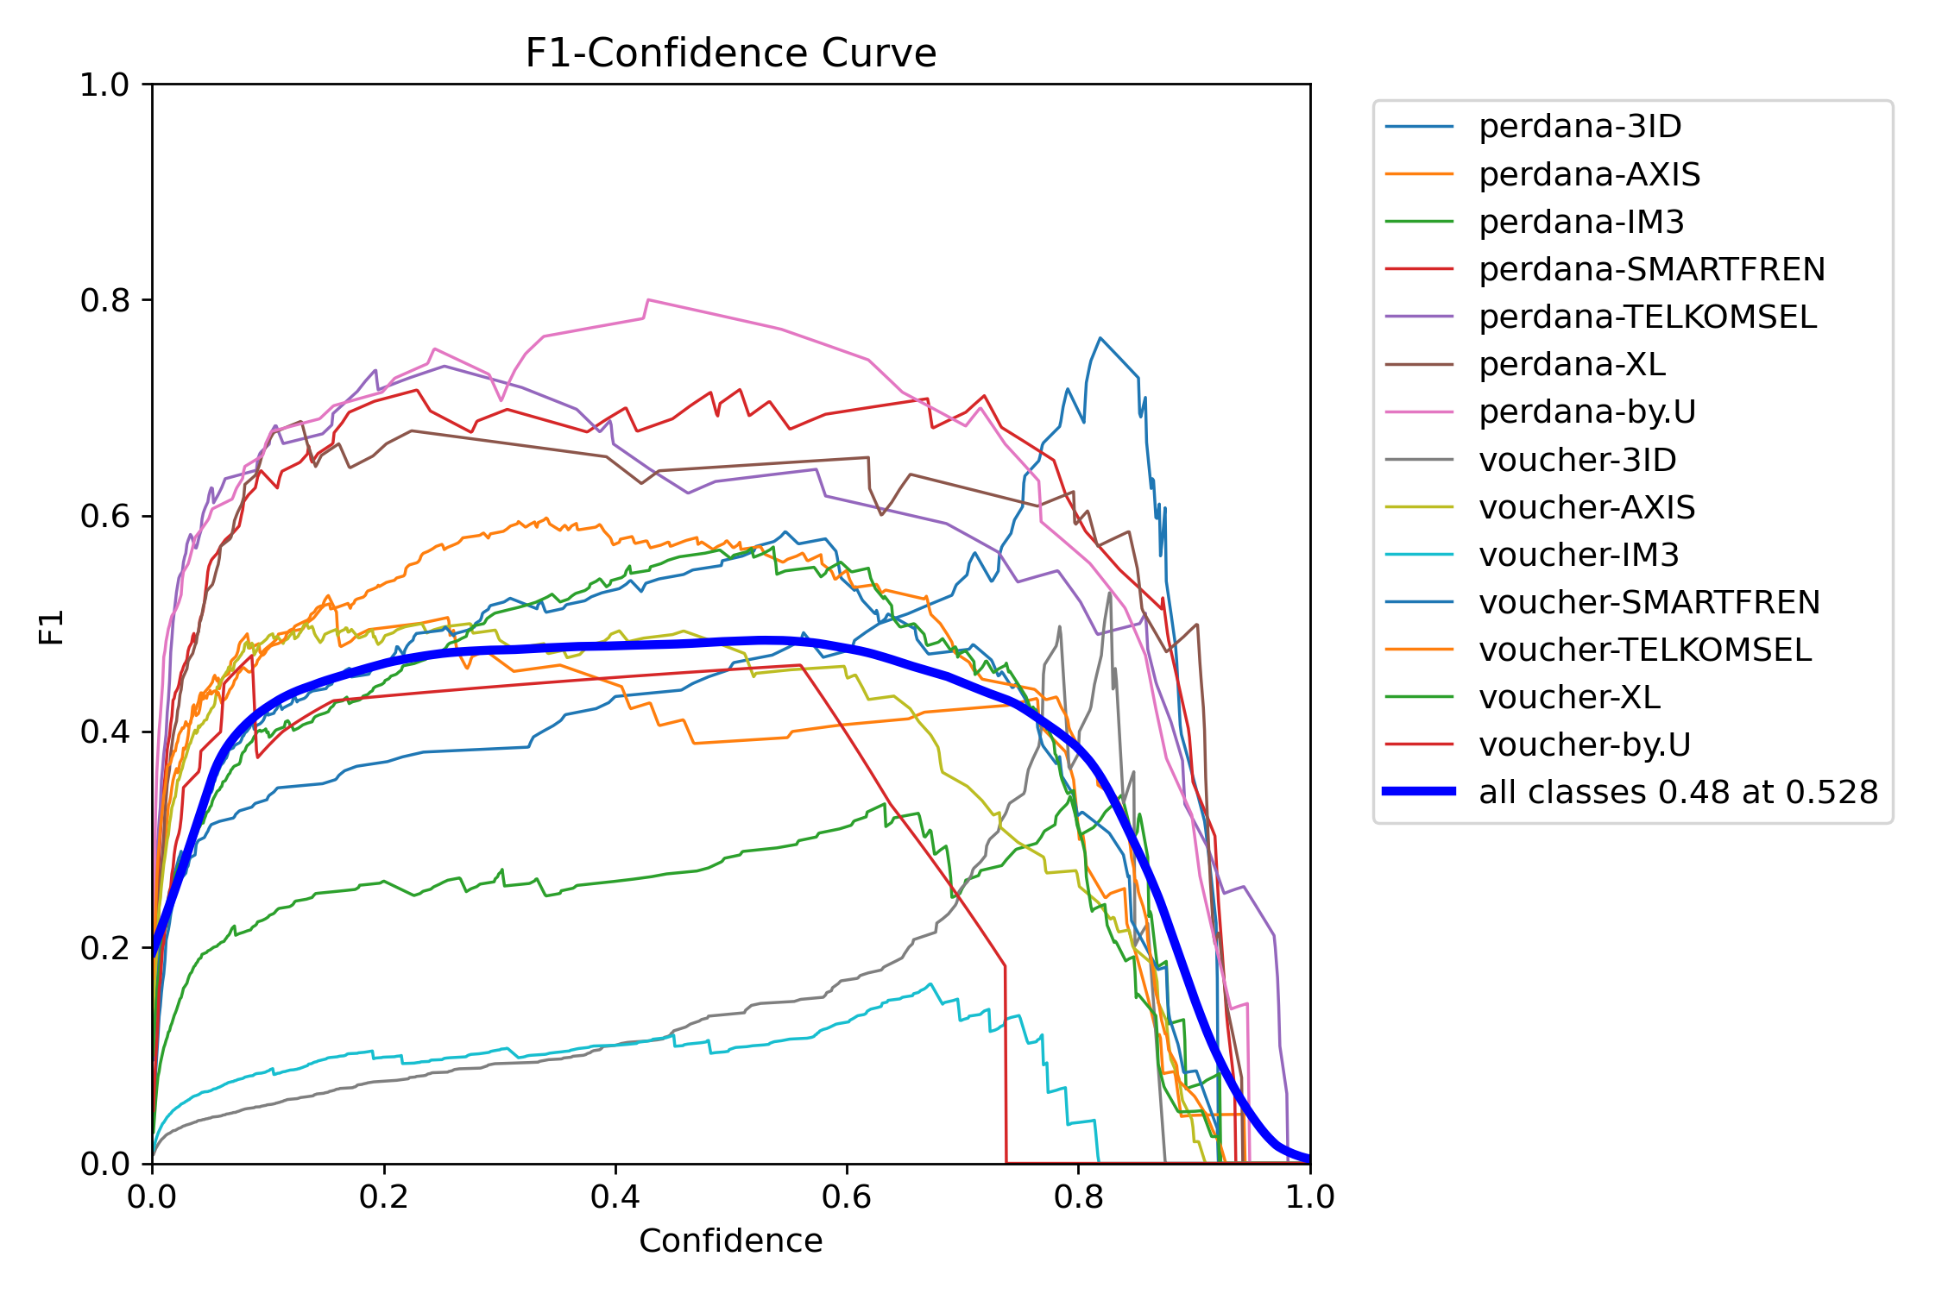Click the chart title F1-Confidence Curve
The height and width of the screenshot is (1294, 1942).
tap(730, 53)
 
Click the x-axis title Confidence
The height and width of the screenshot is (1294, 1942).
tap(730, 1241)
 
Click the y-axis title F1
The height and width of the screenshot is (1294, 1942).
tap(52, 626)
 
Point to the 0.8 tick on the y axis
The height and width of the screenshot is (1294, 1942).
tap(104, 300)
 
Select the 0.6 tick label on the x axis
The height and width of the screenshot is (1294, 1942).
tap(847, 1197)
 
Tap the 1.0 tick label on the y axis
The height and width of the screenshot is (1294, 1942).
tap(104, 85)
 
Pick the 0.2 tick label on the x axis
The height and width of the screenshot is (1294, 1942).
tap(384, 1197)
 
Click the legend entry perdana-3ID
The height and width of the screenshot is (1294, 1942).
tap(1579, 127)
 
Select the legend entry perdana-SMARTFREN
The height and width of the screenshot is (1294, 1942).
tap(1651, 269)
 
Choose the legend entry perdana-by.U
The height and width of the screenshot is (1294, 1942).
tap(1586, 411)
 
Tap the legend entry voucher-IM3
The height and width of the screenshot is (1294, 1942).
tap(1578, 555)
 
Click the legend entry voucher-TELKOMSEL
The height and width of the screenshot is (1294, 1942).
tap(1644, 650)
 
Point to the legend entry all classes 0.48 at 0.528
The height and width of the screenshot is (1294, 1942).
tap(1677, 792)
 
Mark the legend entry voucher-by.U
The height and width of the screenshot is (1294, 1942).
tap(1584, 744)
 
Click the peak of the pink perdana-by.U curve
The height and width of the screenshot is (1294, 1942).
tap(648, 300)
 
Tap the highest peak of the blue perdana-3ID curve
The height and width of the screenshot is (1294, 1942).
tap(1100, 338)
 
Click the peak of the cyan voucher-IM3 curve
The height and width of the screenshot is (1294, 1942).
tap(930, 983)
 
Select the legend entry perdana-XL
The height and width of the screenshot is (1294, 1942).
tap(1572, 364)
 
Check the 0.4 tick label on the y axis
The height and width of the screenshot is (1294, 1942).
tap(104, 732)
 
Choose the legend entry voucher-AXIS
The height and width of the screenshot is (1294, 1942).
tap(1586, 507)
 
